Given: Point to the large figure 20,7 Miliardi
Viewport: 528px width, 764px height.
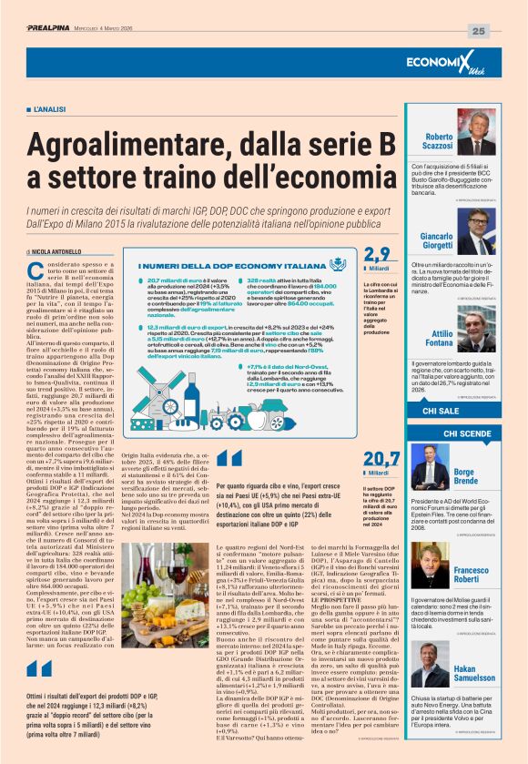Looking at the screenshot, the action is point(381,463).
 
